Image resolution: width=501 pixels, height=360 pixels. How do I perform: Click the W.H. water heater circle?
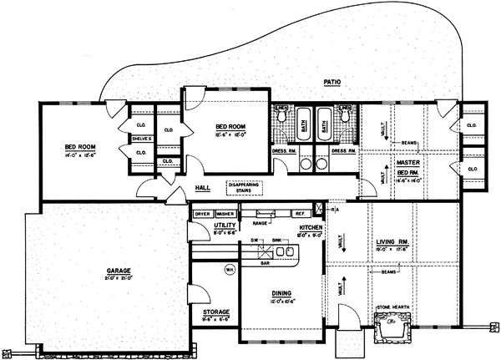[229, 270]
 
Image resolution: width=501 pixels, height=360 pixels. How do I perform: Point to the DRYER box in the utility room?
[203, 214]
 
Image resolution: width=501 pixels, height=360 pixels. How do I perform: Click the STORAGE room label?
[216, 312]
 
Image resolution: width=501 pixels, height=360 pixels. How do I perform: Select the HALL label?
[202, 188]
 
